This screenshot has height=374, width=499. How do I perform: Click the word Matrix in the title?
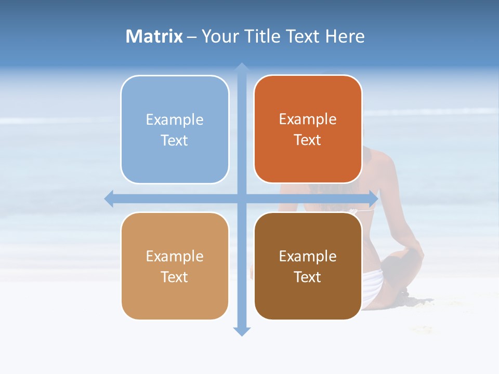pyautogui.click(x=154, y=36)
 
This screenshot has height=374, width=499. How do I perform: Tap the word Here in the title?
pyautogui.click(x=345, y=36)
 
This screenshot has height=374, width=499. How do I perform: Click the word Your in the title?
pyautogui.click(x=220, y=36)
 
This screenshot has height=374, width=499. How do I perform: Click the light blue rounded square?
pyautogui.click(x=175, y=161)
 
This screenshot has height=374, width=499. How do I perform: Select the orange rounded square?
pyautogui.click(x=308, y=161)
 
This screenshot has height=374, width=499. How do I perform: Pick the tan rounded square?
pyautogui.click(x=175, y=299)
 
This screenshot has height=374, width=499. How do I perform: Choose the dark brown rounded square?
pyautogui.click(x=308, y=299)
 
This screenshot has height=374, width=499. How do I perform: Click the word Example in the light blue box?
pyautogui.click(x=175, y=119)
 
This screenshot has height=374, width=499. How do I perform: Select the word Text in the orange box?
pyautogui.click(x=308, y=140)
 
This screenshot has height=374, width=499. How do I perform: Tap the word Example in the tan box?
pyautogui.click(x=175, y=256)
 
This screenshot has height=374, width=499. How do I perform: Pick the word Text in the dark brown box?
pyautogui.click(x=308, y=277)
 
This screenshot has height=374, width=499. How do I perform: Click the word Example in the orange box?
pyautogui.click(x=308, y=119)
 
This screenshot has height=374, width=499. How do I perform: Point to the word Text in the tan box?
pyautogui.click(x=175, y=277)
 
